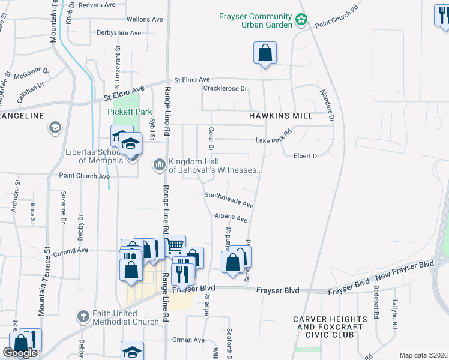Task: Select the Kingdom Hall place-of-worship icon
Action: click(160, 164)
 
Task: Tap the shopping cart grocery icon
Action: click(174, 245)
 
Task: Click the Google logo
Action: click(20, 353)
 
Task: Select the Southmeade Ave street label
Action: click(229, 200)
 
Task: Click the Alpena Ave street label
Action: click(231, 217)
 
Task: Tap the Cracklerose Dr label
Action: click(225, 89)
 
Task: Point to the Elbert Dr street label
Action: click(306, 156)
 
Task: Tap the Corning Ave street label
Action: click(70, 250)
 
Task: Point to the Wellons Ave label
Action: click(145, 19)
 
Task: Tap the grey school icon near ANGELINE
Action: click(55, 128)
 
